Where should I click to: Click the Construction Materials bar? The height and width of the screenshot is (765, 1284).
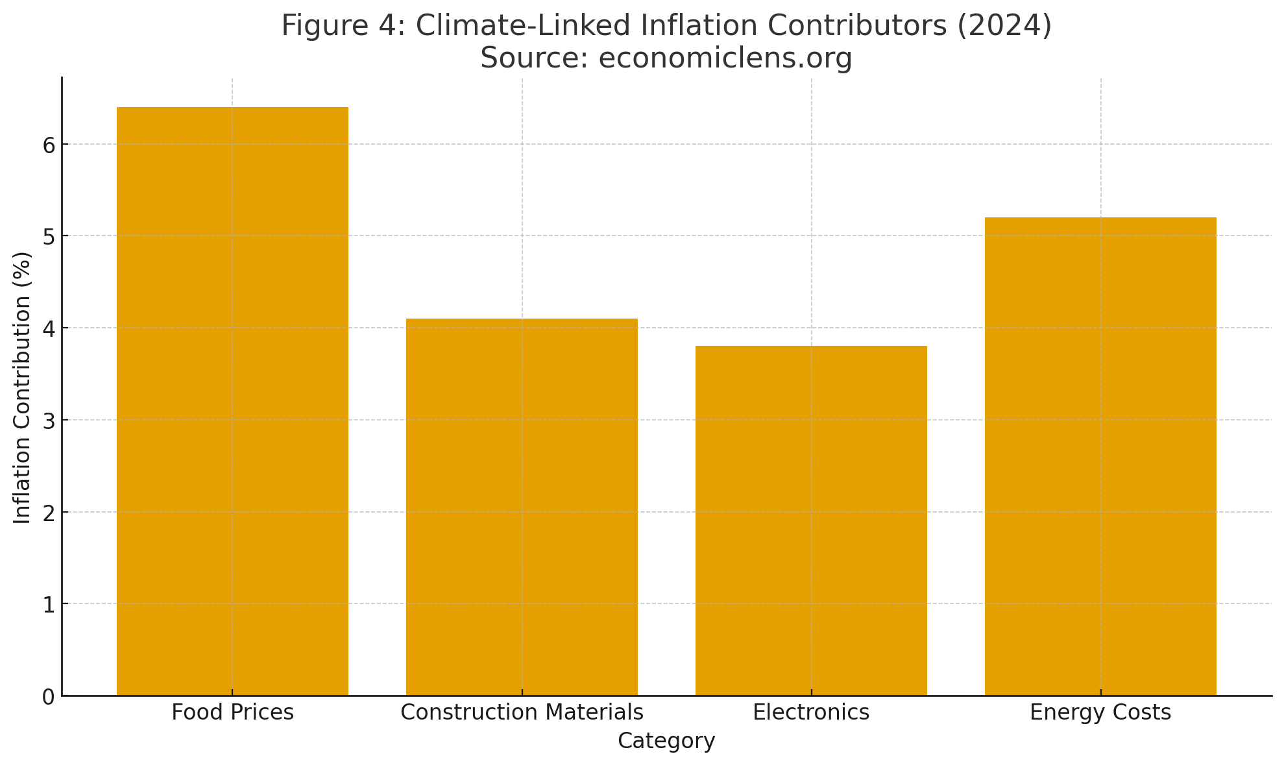(x=522, y=507)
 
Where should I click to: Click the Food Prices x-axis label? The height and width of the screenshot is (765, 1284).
(x=232, y=712)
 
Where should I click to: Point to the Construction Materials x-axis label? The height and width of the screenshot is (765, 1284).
(x=522, y=712)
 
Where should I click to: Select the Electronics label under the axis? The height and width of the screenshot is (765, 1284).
(x=811, y=712)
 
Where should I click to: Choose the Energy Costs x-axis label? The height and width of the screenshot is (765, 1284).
(x=1100, y=712)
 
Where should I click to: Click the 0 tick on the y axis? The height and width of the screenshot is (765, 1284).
(x=49, y=696)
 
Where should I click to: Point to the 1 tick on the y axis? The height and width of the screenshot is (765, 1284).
(x=49, y=604)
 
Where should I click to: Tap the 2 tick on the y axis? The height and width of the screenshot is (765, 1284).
(x=49, y=512)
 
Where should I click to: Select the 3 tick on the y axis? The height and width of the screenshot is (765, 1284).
(x=49, y=420)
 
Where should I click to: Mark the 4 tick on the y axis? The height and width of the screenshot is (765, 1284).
(x=49, y=328)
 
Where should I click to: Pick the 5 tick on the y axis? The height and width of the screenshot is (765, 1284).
(x=49, y=236)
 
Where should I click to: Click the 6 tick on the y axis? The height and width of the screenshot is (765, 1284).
(x=49, y=144)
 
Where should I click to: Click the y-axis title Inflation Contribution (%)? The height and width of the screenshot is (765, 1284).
(x=23, y=387)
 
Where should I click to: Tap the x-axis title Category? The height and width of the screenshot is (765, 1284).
(x=666, y=741)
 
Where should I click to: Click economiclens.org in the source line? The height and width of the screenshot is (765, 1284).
(x=725, y=58)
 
